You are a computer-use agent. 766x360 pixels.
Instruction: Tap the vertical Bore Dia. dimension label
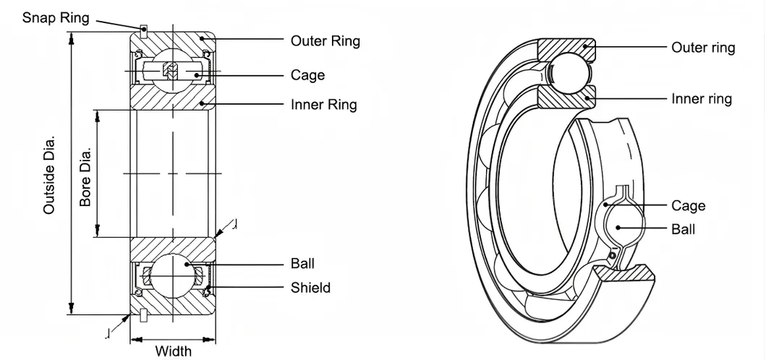85,178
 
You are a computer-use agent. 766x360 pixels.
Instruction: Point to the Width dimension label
174,351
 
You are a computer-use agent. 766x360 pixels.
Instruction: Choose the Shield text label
310,288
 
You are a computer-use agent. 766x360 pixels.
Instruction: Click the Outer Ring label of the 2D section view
325,41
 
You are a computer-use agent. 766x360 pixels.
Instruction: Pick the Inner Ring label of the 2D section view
323,105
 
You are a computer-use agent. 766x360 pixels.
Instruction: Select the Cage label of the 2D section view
307,75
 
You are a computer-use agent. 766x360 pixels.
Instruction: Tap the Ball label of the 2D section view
302,264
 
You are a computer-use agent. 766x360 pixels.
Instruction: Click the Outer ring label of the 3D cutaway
703,48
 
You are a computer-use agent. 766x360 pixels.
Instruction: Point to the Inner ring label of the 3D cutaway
702,98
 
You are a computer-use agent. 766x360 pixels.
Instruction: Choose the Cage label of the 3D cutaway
688,206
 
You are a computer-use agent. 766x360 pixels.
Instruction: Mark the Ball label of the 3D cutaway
683,229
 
